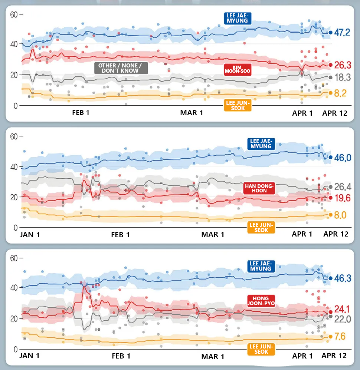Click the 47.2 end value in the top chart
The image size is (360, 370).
pyautogui.click(x=342, y=33)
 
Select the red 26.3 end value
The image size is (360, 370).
pyautogui.click(x=342, y=65)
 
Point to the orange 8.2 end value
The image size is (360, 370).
pyautogui.click(x=340, y=93)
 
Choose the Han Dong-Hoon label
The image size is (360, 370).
pyautogui.click(x=259, y=188)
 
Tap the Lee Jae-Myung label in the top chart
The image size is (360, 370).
pyautogui.click(x=238, y=18)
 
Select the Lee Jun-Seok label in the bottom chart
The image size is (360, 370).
pyautogui.click(x=262, y=349)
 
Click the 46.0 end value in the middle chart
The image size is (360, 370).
pyautogui.click(x=342, y=158)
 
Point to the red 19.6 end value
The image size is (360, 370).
pyautogui.click(x=342, y=198)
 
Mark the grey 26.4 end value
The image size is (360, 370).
pyautogui.click(x=342, y=187)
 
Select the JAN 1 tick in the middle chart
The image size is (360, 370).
pyautogui.click(x=29, y=234)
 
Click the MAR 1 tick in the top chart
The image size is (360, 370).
pyautogui.click(x=192, y=113)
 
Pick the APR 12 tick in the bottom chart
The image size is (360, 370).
pyautogui.click(x=334, y=356)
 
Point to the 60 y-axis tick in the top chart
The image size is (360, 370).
pyautogui.click(x=14, y=14)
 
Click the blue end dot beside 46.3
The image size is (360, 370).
pyautogui.click(x=330, y=278)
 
